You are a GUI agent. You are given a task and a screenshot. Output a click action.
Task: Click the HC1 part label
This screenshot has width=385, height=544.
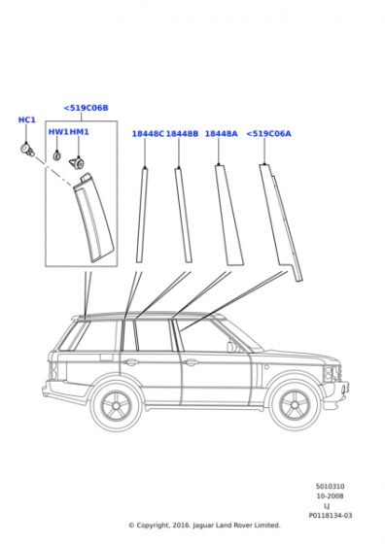[x=26, y=119]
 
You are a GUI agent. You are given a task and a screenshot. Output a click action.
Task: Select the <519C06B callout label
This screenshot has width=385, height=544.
[x=86, y=108]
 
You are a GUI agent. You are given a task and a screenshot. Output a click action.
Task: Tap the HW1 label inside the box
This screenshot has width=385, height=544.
[x=58, y=132]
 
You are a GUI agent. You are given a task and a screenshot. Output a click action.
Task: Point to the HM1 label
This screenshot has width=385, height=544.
[x=80, y=132]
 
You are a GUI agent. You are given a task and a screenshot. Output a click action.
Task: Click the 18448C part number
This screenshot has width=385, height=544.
[x=148, y=134]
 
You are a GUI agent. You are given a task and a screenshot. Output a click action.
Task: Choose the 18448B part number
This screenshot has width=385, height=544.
[x=182, y=134]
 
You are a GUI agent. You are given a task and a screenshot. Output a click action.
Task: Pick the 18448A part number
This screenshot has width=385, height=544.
[x=221, y=134]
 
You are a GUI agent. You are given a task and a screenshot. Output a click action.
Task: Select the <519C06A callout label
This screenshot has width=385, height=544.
[x=268, y=134]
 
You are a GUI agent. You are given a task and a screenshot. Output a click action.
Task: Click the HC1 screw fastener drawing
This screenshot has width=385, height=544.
[x=27, y=150]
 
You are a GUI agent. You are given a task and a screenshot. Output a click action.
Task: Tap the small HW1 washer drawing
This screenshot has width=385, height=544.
[x=56, y=155]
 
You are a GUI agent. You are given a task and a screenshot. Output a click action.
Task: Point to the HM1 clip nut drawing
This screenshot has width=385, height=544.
[x=77, y=163]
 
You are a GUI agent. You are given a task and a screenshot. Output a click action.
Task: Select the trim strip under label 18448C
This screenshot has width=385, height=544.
[x=142, y=215]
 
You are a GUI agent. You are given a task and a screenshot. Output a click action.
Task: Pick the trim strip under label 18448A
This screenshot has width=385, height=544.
[x=228, y=215]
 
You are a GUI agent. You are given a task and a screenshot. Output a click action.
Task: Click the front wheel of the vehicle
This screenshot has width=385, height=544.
[x=295, y=404]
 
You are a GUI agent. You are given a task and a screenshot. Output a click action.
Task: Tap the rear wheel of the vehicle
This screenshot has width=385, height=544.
[x=117, y=404]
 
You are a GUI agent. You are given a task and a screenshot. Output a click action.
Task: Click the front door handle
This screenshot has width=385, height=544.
[x=191, y=362]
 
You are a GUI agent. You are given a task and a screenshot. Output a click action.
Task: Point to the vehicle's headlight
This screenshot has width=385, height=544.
[x=329, y=373]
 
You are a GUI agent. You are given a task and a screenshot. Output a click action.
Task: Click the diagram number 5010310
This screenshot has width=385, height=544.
[x=331, y=486]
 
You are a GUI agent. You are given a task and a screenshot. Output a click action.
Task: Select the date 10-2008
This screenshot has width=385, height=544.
[x=331, y=496]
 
